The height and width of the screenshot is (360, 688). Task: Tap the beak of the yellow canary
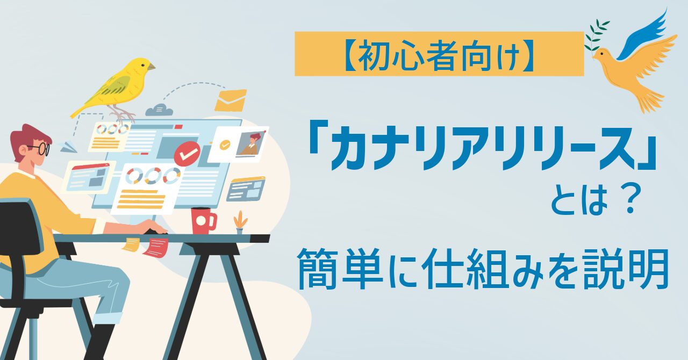[x=151, y=67]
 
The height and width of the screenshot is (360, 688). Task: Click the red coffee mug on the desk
[x=203, y=220]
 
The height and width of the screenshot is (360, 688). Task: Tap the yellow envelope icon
[x=231, y=100]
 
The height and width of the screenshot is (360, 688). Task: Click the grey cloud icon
[x=159, y=110]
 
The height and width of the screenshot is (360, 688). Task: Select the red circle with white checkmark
[x=187, y=154]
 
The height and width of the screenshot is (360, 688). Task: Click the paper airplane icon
[x=68, y=147]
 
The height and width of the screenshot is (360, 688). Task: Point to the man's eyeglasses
[x=40, y=148]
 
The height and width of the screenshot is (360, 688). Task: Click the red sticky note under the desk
[x=156, y=247]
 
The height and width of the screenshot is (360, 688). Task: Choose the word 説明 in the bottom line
[x=626, y=268]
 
